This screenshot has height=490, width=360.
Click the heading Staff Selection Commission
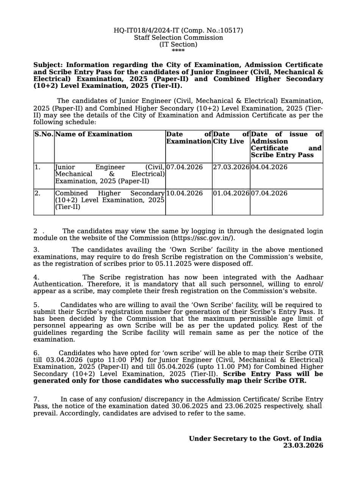pos(178,37)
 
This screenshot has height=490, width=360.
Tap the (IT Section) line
pos(178,44)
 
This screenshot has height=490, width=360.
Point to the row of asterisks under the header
pos(178,51)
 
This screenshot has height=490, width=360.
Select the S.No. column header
pos(44,134)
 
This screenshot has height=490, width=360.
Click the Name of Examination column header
pos(94,134)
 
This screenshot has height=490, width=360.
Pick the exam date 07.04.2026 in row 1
pos(185,167)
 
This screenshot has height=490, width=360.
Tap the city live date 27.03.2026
pos(231,167)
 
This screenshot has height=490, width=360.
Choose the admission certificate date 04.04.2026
pos(269,167)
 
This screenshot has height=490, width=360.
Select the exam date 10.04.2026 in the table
pos(185,193)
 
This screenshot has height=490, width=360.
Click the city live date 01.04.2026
pos(231,193)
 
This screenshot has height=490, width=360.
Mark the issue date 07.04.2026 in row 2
pos(269,193)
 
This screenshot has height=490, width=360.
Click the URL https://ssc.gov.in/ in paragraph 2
pos(203,238)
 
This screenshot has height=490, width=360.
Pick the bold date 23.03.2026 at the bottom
pos(303,445)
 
